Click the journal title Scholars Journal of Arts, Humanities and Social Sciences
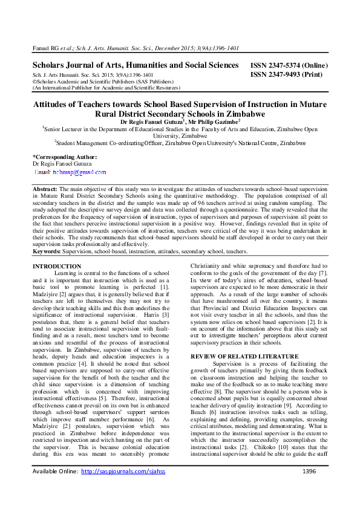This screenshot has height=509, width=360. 135,65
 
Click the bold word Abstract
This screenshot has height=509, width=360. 45,190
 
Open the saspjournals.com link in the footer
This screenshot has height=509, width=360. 123,488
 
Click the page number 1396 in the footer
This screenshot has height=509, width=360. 309,488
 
